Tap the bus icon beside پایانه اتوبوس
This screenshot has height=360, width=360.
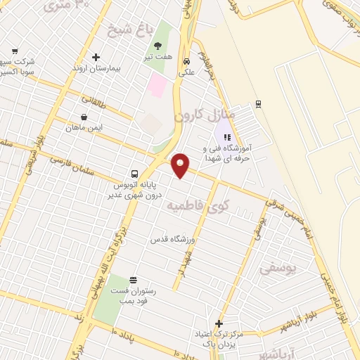(x=134, y=174)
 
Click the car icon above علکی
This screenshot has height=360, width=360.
(x=186, y=60)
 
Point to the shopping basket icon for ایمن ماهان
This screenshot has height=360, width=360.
(x=84, y=117)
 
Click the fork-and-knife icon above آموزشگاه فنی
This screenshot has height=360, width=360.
(x=226, y=136)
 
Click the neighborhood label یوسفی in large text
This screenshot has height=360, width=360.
(x=278, y=268)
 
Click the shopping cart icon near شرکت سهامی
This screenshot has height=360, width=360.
(x=15, y=51)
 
